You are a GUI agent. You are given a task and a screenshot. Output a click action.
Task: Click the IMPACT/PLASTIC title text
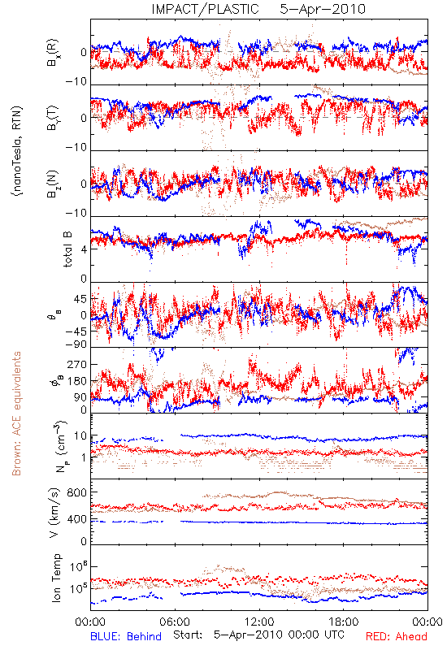206,9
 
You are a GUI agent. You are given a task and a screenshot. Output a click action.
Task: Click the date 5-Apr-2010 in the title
323,9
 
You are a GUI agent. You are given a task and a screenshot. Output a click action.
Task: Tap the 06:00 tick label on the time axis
175,622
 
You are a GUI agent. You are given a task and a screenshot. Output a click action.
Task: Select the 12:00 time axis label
259,622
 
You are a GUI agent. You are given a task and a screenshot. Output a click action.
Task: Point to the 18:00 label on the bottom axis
344,622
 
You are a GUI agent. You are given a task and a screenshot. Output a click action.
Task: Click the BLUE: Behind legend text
126,637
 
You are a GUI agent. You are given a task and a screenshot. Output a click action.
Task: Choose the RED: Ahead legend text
397,637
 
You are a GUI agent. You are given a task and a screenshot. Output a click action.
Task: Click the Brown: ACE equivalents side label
16,414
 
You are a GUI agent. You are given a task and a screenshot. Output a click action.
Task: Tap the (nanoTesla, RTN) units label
17,151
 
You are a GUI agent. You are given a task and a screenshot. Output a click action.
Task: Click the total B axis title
67,249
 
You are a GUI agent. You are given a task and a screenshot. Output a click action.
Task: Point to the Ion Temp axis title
56,578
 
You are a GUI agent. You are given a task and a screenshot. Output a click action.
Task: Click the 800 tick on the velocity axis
77,492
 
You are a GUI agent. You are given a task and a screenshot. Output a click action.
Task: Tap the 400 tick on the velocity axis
77,519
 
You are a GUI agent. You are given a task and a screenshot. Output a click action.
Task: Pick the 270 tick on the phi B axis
77,365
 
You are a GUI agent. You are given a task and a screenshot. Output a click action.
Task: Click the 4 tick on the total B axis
84,249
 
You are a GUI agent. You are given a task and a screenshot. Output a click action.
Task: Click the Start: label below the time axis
188,635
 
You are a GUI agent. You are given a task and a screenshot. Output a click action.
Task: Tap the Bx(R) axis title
54,53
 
